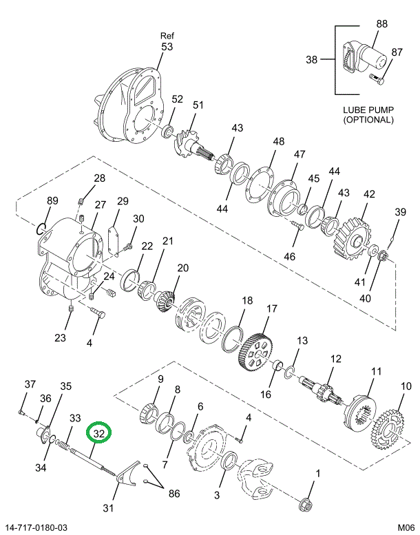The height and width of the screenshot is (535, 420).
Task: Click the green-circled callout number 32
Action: tap(98, 434)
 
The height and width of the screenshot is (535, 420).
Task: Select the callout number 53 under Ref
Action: tap(167, 47)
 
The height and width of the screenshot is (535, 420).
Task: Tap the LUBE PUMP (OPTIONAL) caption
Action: tap(368, 114)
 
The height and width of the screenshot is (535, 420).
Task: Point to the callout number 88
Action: tap(381, 24)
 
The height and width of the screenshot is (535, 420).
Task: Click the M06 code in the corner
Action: tap(403, 527)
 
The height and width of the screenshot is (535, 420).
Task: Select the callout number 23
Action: tap(61, 337)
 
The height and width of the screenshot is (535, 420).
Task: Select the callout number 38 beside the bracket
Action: tap(312, 60)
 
